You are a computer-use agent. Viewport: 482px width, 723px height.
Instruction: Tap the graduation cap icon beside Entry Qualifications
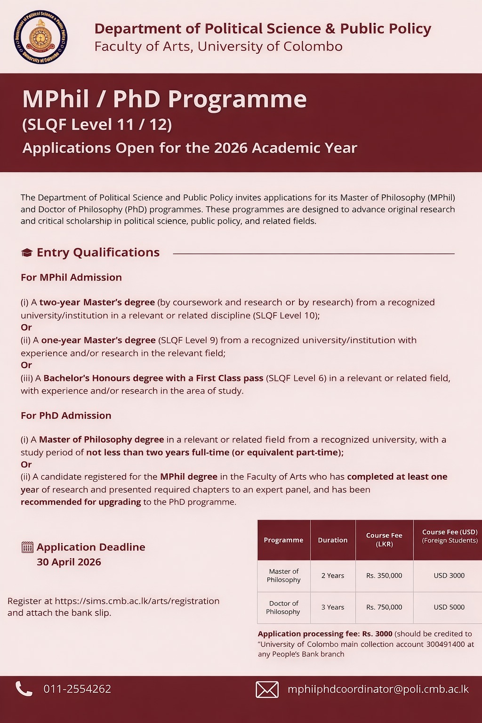27,253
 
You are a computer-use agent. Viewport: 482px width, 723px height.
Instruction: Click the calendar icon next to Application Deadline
27,547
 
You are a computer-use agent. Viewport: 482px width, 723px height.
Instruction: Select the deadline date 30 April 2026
69,562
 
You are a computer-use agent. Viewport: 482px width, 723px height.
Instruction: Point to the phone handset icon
24,689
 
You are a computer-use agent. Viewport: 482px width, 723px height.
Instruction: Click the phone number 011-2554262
77,689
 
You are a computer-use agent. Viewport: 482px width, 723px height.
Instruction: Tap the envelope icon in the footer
267,690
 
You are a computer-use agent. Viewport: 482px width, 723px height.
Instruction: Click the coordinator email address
378,689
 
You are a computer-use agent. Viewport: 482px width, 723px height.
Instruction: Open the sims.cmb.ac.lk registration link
137,601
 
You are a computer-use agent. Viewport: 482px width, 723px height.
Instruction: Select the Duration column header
333,540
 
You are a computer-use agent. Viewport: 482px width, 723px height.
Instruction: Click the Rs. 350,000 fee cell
384,576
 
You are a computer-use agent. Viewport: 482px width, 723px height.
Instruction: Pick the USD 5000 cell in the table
449,607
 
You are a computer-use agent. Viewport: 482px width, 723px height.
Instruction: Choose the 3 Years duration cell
333,607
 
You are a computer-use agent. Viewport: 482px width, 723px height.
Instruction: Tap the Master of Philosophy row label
283,576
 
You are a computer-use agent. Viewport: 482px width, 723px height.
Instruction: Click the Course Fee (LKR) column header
384,540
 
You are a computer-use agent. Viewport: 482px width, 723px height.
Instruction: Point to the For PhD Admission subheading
66,416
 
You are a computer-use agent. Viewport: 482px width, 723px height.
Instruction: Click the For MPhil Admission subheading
71,278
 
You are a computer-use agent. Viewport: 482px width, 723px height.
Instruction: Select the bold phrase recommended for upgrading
81,502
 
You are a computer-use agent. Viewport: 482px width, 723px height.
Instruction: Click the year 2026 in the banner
231,148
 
